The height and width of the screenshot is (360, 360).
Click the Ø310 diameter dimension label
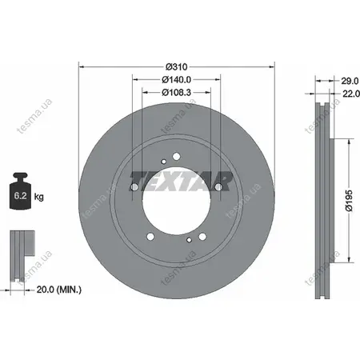(176, 66)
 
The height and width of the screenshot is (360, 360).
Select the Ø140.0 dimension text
(176, 79)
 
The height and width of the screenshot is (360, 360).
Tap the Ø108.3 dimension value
(176, 92)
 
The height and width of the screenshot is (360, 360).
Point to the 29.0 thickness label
(350, 81)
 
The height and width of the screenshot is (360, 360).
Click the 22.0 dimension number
(351, 94)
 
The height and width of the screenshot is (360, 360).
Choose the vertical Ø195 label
(349, 201)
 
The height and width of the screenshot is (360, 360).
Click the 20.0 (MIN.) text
(59, 290)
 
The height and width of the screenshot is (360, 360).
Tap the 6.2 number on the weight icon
(20, 196)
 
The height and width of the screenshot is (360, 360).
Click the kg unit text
(39, 197)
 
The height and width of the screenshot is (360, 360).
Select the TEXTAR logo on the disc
(181, 181)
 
